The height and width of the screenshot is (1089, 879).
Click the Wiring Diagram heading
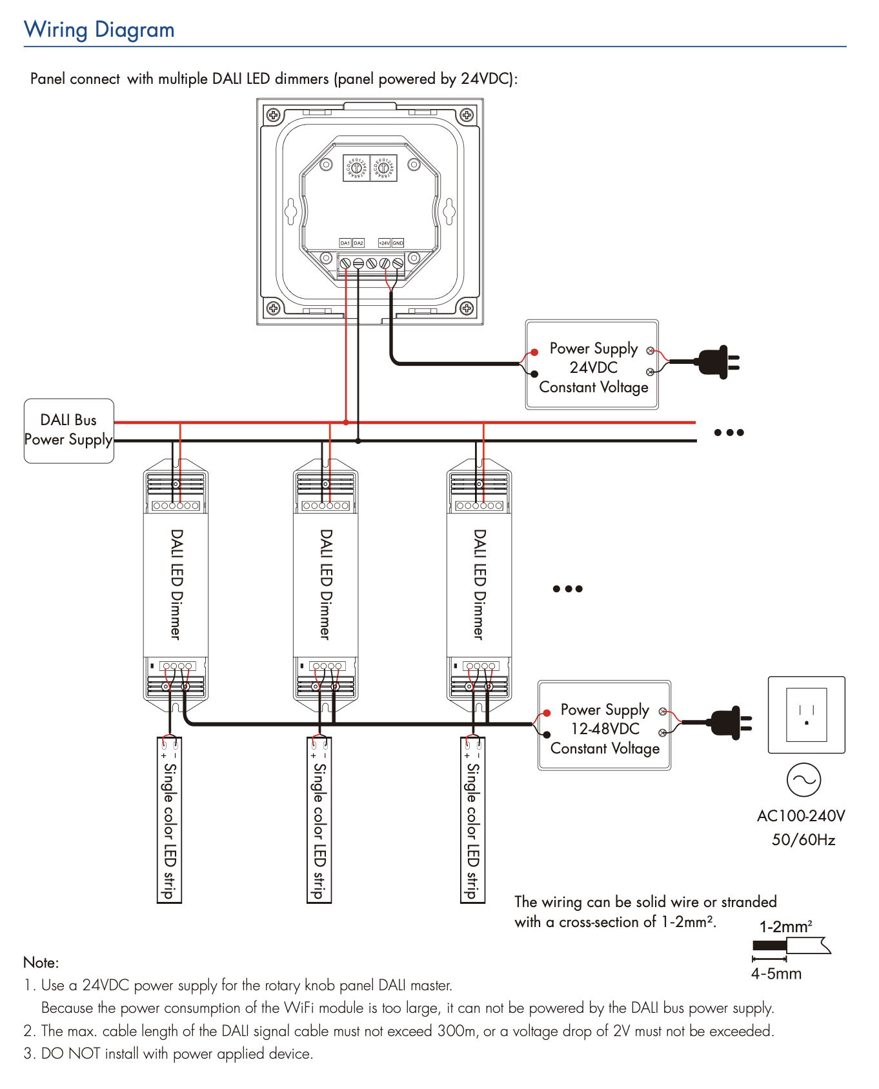(x=99, y=30)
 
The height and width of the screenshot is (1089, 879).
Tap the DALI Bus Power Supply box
(x=68, y=430)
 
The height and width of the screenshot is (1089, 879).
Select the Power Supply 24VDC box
(x=592, y=365)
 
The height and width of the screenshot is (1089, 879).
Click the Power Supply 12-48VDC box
(x=604, y=726)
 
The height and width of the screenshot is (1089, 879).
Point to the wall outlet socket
(x=806, y=715)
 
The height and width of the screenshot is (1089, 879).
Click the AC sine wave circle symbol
(x=803, y=780)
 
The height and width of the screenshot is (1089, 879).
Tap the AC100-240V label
(x=800, y=816)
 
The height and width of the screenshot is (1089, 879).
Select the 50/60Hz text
(x=803, y=839)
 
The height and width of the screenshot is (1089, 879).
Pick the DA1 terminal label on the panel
(x=345, y=243)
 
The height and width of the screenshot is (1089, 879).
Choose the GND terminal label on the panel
(x=398, y=243)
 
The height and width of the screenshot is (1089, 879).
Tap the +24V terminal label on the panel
(x=384, y=243)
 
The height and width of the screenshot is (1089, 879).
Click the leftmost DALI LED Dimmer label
(x=176, y=584)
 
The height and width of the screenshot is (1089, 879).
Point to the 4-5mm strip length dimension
(x=776, y=974)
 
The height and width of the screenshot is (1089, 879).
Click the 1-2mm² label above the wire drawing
(x=785, y=927)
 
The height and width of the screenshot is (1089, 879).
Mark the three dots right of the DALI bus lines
(x=729, y=432)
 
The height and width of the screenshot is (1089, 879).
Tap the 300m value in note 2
(x=456, y=1031)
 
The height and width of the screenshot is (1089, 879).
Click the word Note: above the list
(x=41, y=963)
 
